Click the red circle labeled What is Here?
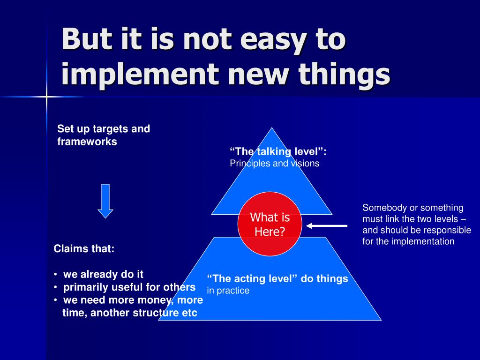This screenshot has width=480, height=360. point(270,224)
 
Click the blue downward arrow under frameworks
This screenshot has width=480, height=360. point(105,201)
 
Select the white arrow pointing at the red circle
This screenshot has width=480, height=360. point(327,226)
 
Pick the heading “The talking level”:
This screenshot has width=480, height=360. point(278,151)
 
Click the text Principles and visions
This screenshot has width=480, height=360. point(274,164)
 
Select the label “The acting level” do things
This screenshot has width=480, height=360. point(277,279)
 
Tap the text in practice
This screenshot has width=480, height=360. point(228,291)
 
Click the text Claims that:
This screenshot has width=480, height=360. point(84,249)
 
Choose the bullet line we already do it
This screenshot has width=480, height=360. point(103,274)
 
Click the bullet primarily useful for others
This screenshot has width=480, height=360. point(129,287)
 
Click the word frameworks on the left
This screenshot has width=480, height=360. point(87,142)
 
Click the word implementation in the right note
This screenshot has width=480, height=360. point(424,242)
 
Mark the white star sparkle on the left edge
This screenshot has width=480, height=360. point(47,97)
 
